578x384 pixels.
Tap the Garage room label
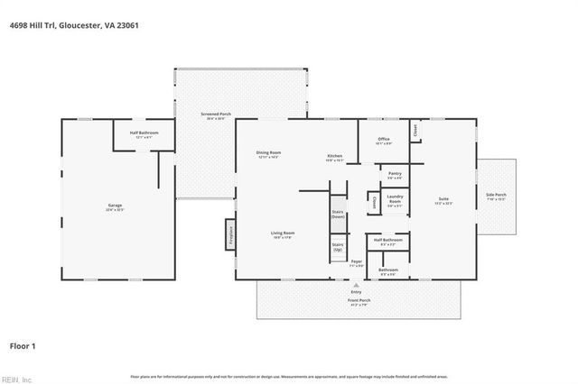click(x=115, y=207)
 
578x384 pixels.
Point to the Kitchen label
click(x=334, y=158)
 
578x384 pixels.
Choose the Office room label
click(x=384, y=141)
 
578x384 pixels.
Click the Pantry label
click(x=394, y=175)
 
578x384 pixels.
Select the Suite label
click(x=443, y=200)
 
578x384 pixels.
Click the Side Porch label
click(x=496, y=196)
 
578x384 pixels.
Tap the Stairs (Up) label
click(x=338, y=246)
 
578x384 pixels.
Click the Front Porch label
click(x=359, y=304)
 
